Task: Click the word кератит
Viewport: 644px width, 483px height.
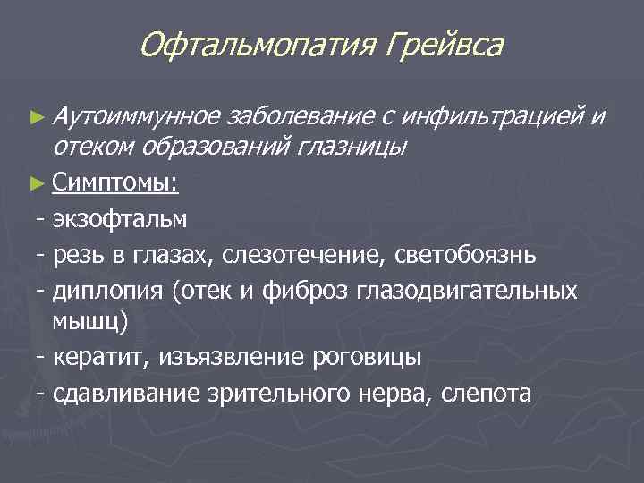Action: [101, 358]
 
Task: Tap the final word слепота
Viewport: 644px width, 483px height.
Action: [487, 394]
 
